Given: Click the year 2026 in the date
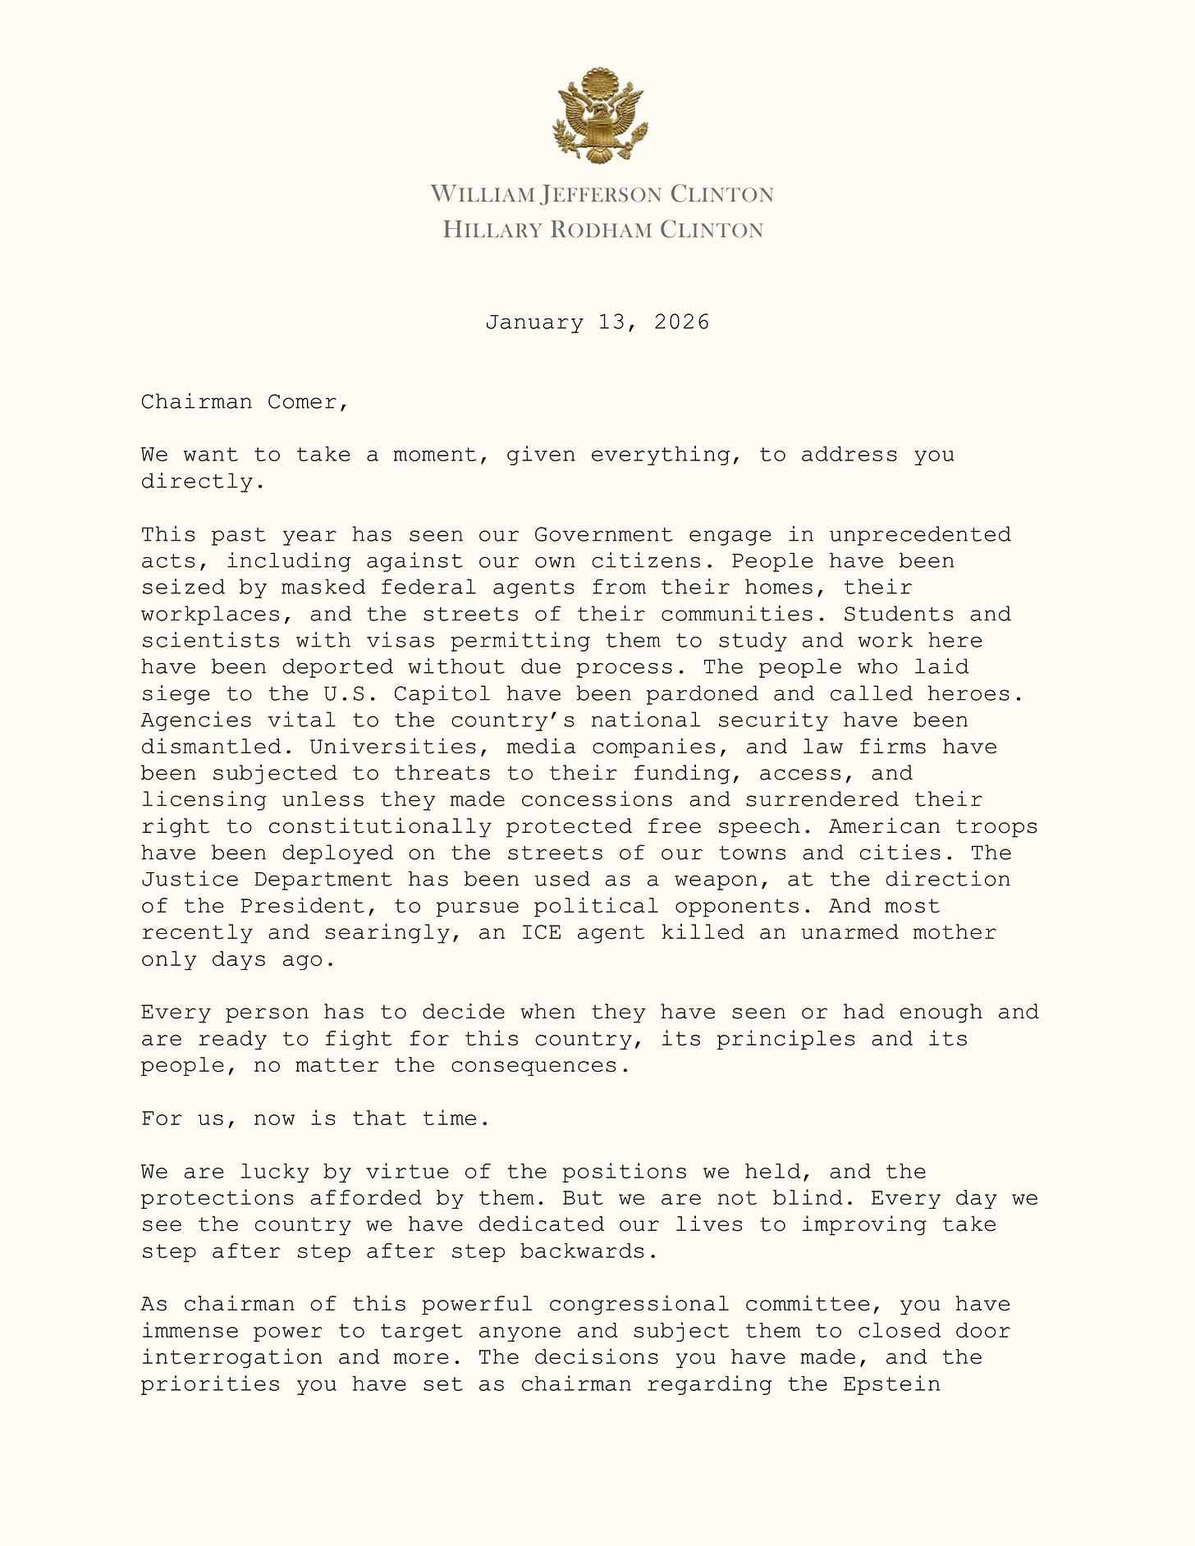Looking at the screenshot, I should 681,322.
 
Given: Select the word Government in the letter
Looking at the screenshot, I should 603,535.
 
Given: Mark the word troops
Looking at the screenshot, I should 998,826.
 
